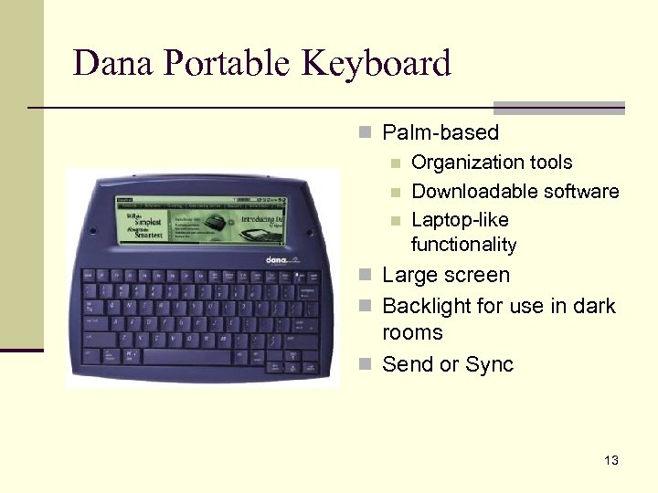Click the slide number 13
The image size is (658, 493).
610,460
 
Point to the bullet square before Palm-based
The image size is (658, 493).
366,133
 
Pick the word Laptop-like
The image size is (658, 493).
460,220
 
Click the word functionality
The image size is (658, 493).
463,245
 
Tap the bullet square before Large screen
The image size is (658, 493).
366,276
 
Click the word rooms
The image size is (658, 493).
411,333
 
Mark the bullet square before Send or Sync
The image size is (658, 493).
366,365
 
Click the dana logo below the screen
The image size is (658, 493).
279,260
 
